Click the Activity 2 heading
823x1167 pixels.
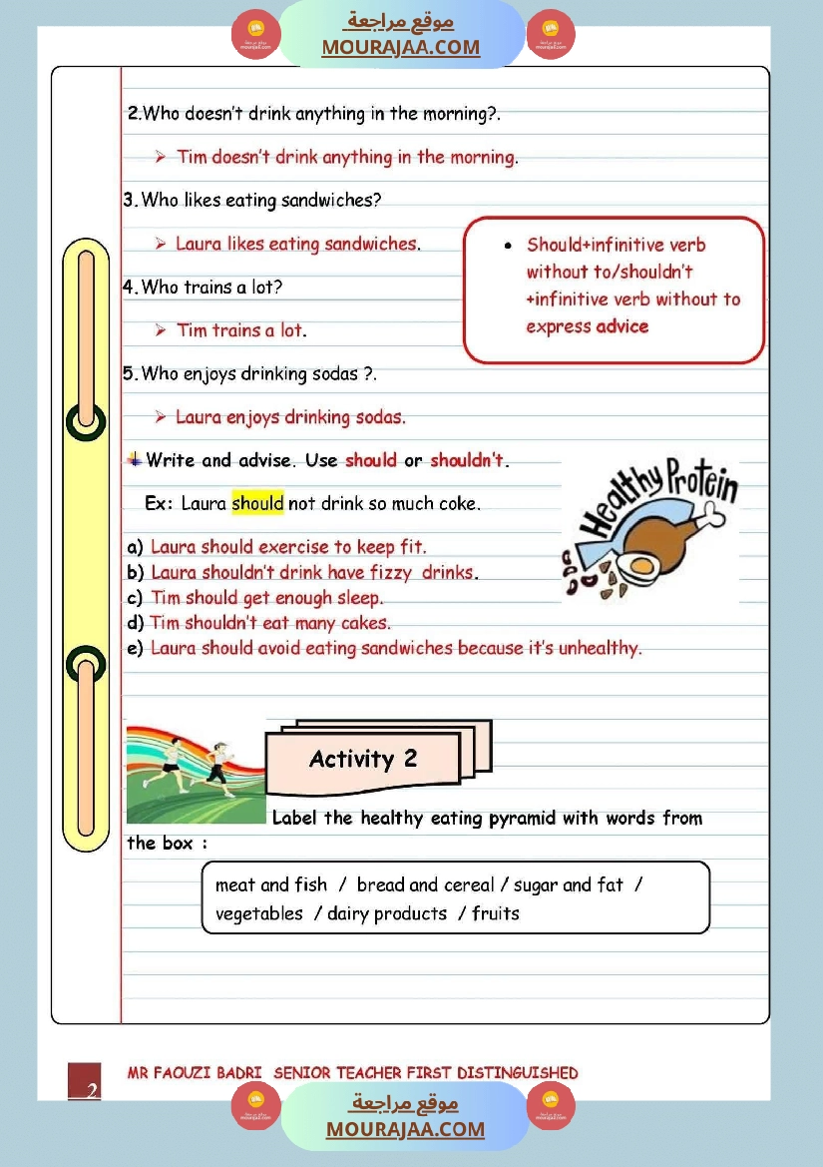[363, 760]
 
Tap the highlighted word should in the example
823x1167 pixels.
[257, 503]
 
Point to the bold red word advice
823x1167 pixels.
[622, 326]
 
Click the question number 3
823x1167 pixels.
[130, 201]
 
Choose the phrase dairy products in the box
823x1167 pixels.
[387, 913]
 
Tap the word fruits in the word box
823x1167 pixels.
[496, 913]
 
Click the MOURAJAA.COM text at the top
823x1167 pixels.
[400, 48]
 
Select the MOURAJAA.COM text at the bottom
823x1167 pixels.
[405, 1129]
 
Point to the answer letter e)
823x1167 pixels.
[135, 649]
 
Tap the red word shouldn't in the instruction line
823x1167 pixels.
[468, 461]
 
